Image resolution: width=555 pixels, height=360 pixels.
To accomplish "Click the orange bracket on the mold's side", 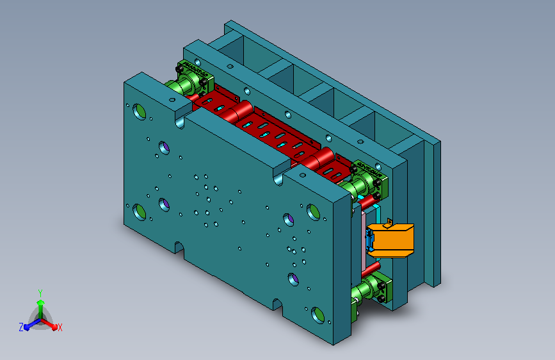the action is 391,240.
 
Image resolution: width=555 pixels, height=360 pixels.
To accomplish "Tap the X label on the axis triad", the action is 60,328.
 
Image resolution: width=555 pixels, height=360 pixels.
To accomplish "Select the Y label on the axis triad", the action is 40,293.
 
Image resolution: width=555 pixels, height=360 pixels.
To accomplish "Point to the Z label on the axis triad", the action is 21,327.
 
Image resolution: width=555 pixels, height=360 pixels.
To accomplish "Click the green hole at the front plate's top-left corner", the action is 139,111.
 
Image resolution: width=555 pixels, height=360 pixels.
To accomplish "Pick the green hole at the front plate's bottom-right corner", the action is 318,315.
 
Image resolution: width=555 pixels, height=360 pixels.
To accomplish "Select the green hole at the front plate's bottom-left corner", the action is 139,212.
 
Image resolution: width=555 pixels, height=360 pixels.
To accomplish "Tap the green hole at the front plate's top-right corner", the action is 313,212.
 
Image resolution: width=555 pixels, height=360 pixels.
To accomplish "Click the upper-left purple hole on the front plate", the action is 164,147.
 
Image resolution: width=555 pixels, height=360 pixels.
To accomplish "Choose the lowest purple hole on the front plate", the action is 293,279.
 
